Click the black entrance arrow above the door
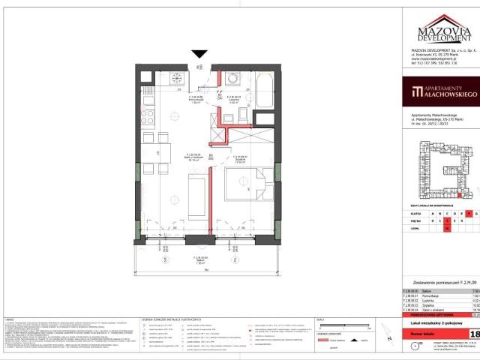pos(199,53)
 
